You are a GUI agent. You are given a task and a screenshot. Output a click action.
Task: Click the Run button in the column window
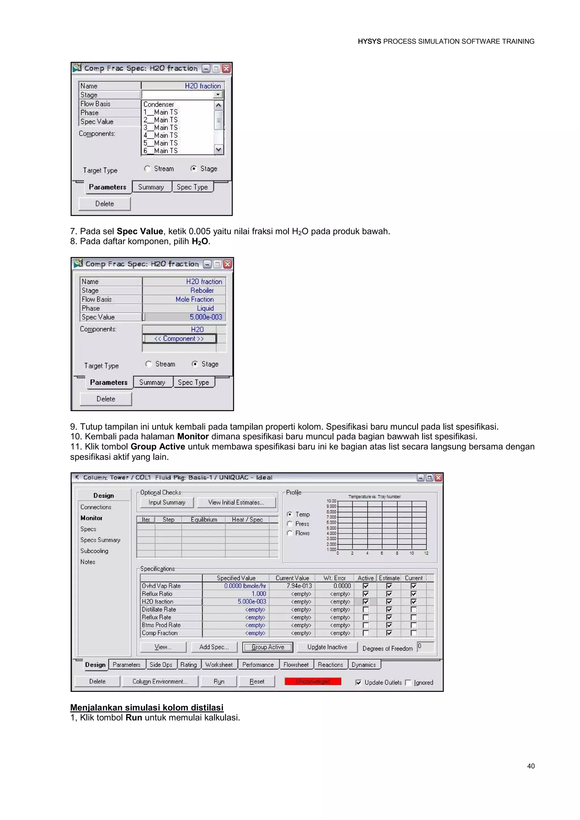(x=219, y=682)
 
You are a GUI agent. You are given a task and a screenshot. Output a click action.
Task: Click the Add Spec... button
(x=214, y=647)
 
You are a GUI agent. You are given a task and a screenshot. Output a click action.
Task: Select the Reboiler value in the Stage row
(x=202, y=290)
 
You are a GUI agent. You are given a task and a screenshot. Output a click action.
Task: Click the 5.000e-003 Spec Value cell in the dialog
(x=205, y=317)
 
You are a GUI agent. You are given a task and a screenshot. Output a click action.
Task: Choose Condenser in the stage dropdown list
(x=159, y=104)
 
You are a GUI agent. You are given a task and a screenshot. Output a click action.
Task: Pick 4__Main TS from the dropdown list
(x=160, y=135)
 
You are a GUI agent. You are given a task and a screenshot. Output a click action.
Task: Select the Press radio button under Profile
(x=290, y=524)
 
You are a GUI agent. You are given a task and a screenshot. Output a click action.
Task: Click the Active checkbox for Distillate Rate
(x=365, y=609)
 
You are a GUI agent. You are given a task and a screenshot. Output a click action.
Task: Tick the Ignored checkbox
(x=408, y=682)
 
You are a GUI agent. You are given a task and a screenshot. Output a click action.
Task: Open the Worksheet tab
(x=219, y=665)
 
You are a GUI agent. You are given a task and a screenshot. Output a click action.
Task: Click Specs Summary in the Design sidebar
(x=100, y=540)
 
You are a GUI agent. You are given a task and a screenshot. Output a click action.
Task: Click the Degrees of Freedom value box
(x=425, y=647)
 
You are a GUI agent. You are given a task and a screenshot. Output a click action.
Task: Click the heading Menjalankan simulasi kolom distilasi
(x=147, y=708)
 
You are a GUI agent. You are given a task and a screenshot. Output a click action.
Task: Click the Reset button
(x=257, y=682)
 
